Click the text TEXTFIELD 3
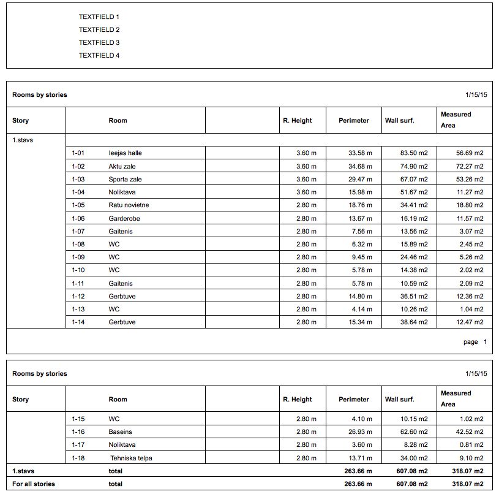[99, 43]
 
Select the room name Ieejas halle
[125, 153]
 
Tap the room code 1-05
[78, 205]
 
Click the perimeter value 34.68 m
[360, 166]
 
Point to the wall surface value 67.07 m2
[414, 179]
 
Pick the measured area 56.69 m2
[470, 153]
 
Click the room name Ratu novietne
[129, 205]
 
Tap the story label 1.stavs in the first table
[23, 140]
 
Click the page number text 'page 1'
[475, 342]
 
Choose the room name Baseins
[121, 432]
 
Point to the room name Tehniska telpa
[131, 458]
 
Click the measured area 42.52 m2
[470, 432]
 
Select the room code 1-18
[78, 458]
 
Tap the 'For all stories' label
[34, 484]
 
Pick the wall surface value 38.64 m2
[414, 322]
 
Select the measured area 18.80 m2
[470, 205]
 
